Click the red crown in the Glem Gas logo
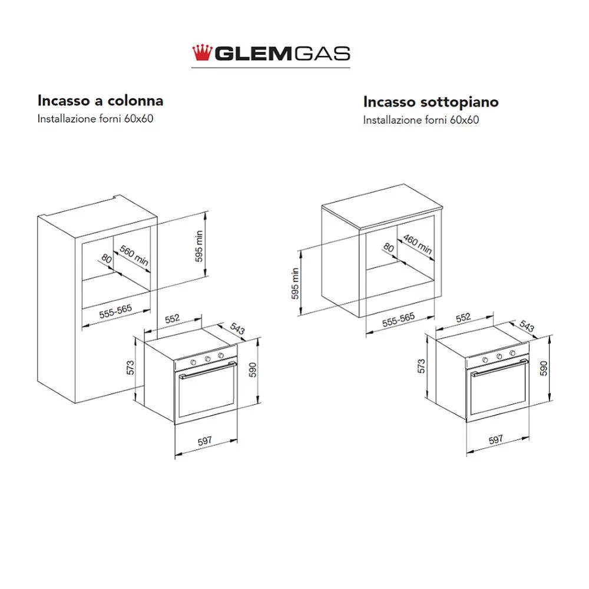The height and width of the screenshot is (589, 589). point(202,52)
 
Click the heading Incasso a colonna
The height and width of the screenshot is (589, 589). point(100,101)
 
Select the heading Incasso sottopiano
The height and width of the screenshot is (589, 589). point(431,102)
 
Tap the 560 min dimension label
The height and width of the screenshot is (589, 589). point(134,255)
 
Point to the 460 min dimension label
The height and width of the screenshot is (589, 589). point(418,244)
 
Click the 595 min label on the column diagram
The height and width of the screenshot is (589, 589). point(199,246)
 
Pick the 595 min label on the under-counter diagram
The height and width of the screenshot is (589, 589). point(295,283)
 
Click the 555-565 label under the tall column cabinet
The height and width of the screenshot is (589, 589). point(115,312)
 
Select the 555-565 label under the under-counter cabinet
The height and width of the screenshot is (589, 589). point(399,320)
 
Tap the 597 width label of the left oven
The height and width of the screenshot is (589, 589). point(205,441)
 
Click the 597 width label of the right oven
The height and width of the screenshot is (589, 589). point(495,439)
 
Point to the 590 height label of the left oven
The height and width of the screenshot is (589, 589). point(253,370)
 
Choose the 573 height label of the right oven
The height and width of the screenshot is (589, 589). point(422,366)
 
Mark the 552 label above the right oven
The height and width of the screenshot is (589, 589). point(463,317)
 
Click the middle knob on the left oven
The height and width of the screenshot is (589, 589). point(207,359)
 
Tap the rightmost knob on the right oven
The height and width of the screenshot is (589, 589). point(512,353)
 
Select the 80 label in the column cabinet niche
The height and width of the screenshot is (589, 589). point(107,259)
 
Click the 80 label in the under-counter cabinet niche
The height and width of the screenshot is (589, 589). point(388,247)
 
